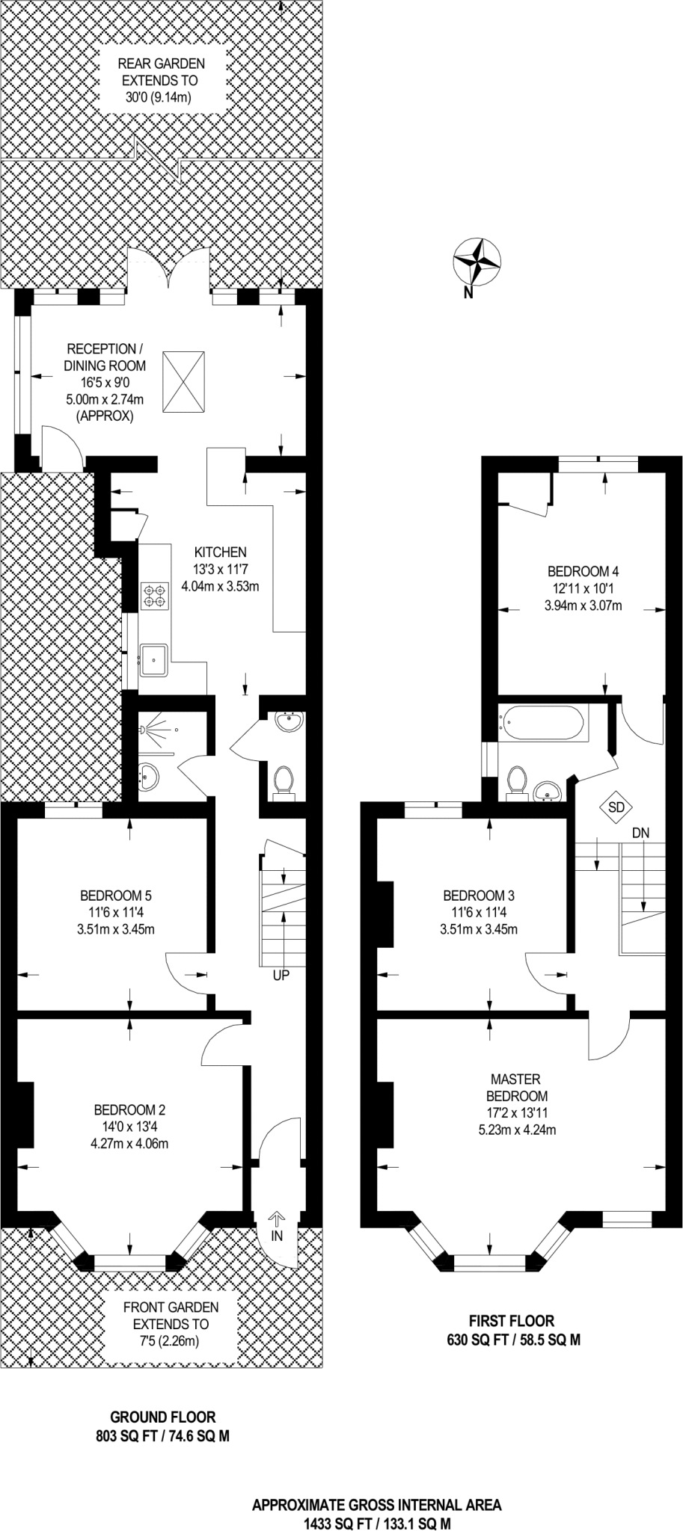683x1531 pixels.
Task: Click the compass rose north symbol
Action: (x=476, y=262)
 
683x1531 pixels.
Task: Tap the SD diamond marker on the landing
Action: (x=616, y=807)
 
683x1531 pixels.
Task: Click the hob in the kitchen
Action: (x=155, y=594)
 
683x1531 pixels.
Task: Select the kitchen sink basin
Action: (x=155, y=659)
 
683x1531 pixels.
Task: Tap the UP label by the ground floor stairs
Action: (x=281, y=975)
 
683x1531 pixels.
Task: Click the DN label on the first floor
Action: (x=640, y=832)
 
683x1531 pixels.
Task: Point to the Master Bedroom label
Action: (x=515, y=1088)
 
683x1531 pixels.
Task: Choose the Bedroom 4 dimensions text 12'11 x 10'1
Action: (x=583, y=589)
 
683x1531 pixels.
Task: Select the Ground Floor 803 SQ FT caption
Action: (x=162, y=1426)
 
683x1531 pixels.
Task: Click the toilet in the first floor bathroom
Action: (x=516, y=782)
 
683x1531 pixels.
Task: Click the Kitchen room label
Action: (x=220, y=552)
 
